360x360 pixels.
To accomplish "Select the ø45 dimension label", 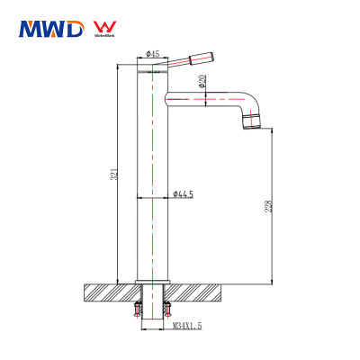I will (x=152, y=55).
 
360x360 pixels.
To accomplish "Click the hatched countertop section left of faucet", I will (x=106, y=292).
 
